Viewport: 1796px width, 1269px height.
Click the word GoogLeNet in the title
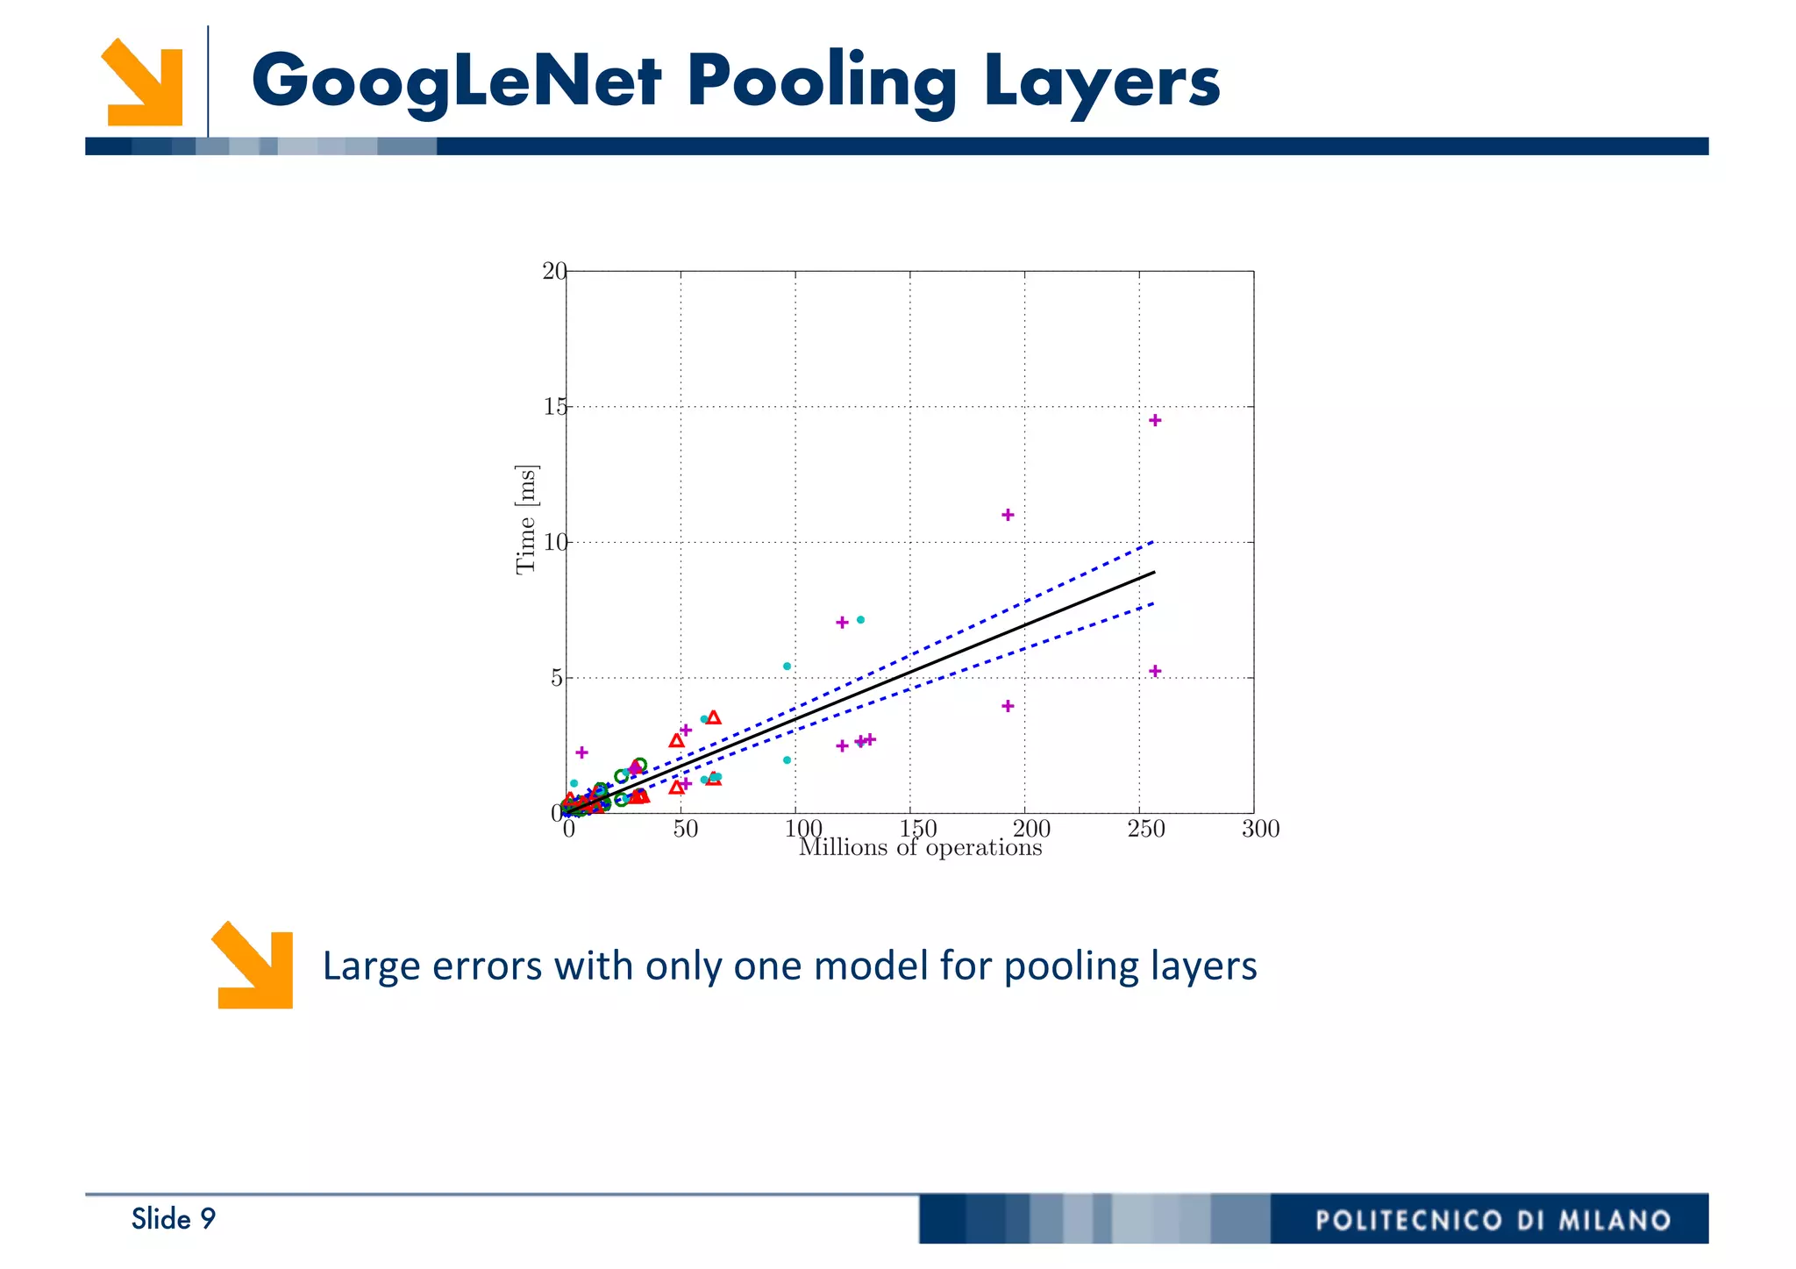(456, 81)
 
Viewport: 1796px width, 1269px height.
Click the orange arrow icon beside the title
(142, 82)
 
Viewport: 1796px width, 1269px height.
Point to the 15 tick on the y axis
(554, 407)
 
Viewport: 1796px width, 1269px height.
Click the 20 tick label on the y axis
(554, 271)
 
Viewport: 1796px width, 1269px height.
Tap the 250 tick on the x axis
(1145, 829)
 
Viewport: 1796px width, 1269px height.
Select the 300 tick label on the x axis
(1260, 829)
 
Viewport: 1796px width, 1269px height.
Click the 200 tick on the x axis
(1031, 829)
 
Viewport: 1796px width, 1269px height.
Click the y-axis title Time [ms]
(526, 519)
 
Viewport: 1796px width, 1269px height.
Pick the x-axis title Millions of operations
(920, 848)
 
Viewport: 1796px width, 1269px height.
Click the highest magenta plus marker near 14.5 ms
(1155, 421)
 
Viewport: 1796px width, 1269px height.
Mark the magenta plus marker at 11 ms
(1008, 515)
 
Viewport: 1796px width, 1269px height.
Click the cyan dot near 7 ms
(860, 620)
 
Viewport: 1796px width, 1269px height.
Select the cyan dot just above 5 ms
(787, 667)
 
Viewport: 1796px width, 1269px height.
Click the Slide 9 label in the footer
(173, 1219)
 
